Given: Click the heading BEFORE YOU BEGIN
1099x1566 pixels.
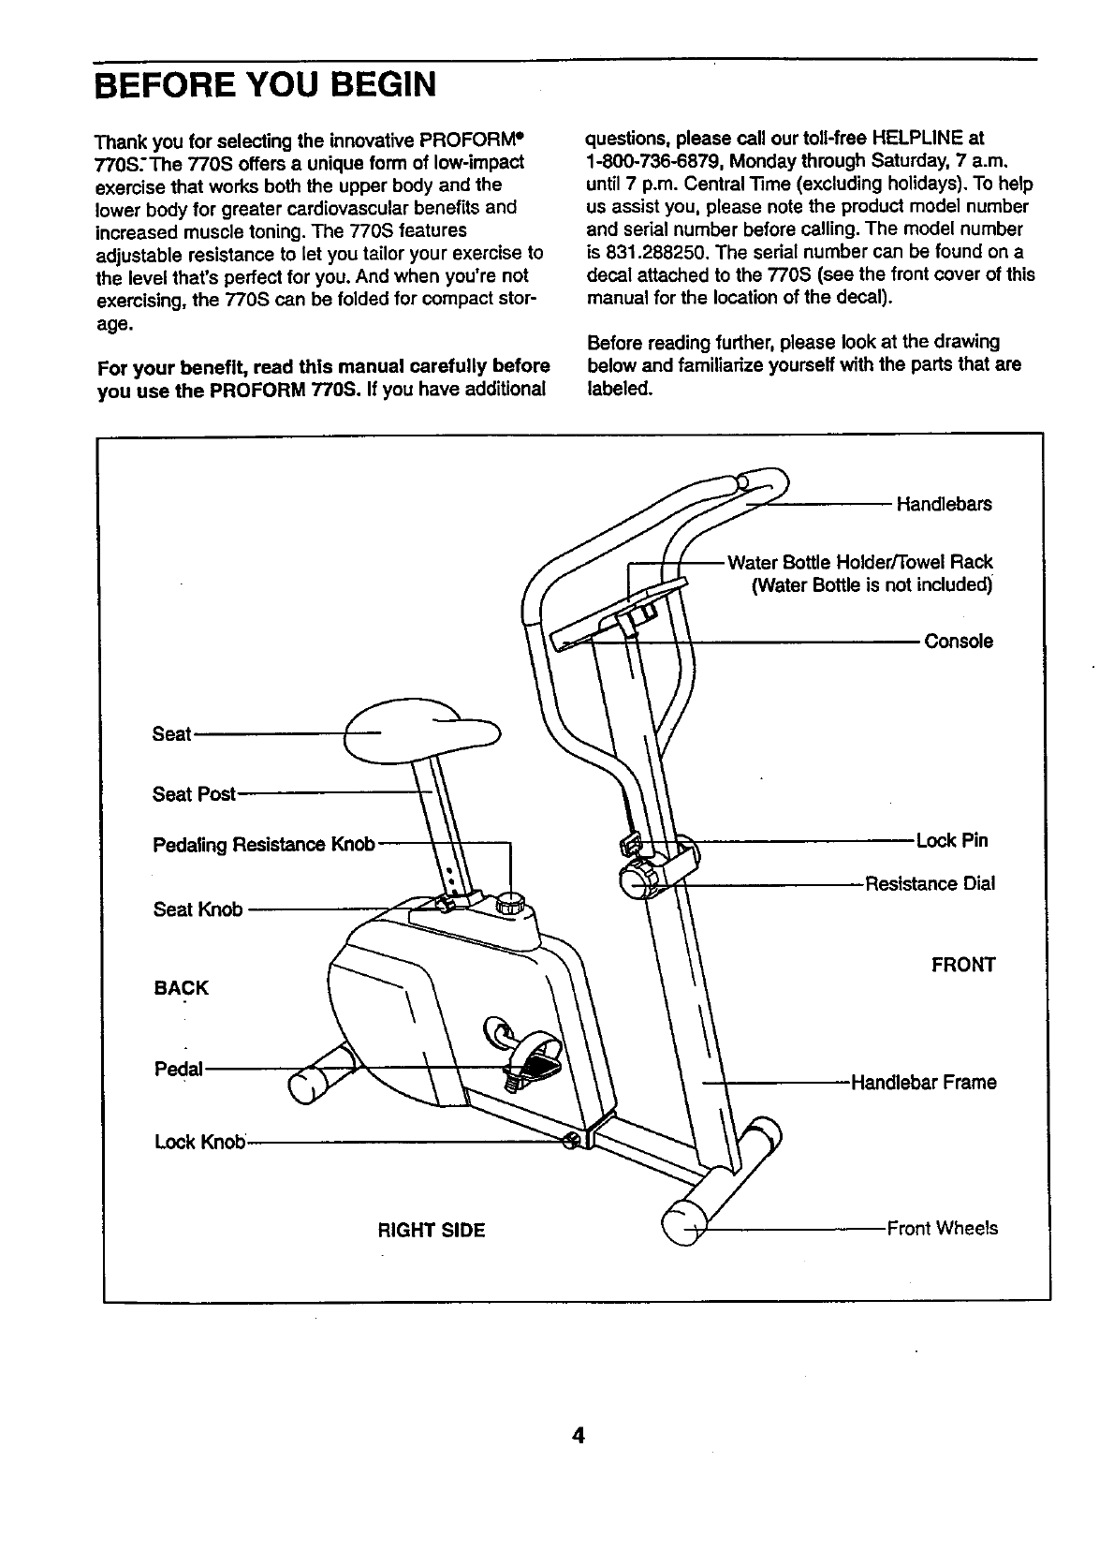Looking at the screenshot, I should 266,86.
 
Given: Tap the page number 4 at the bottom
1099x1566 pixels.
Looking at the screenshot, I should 579,1436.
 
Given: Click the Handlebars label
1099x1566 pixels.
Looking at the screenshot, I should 944,505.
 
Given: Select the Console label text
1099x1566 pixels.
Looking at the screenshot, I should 959,642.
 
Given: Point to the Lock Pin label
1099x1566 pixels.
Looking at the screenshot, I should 952,840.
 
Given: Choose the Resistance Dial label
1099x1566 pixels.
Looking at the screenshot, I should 930,883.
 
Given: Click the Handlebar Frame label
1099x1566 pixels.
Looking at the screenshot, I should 923,1083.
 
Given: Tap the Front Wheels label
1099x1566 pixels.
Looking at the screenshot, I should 942,1228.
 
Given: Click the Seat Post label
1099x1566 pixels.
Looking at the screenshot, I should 194,794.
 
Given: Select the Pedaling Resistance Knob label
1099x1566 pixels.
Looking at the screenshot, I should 263,846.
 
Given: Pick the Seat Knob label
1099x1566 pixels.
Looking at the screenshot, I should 198,909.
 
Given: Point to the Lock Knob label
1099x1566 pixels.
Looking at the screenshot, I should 199,1142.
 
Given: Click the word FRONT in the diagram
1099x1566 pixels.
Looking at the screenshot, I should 963,965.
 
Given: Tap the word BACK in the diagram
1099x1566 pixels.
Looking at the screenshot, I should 181,988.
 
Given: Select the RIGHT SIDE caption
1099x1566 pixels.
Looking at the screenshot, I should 431,1230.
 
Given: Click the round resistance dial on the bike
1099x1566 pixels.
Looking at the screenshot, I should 640,878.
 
